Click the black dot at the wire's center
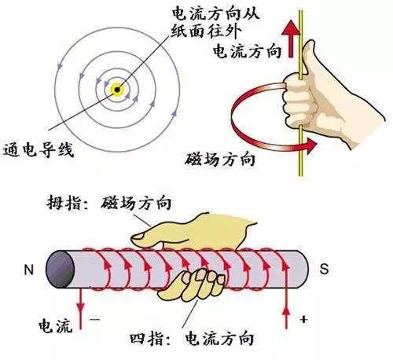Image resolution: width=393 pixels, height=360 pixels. coord(117,90)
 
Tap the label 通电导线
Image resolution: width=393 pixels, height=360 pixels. coord(39,151)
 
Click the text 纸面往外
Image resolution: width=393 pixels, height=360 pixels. coord(206,31)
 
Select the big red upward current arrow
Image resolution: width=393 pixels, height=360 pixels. coord(291,39)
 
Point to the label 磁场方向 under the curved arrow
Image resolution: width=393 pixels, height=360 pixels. coord(220,159)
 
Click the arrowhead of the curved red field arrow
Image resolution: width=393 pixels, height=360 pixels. coord(311,145)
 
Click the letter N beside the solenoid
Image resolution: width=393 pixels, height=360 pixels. coord(29,270)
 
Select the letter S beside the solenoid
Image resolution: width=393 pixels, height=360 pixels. coord(324,269)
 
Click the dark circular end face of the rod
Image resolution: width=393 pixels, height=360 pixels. coord(61,270)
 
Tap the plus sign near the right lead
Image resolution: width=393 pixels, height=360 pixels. coord(303,319)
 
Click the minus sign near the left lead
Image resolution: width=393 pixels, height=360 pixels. coord(95,319)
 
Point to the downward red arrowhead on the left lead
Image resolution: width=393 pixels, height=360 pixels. coord(81,307)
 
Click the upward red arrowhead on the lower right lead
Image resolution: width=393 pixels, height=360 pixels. coord(287,312)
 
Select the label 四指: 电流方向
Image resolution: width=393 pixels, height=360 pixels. coord(193,339)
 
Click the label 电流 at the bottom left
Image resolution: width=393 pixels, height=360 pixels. coord(56,325)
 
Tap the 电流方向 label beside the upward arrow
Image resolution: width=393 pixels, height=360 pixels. coord(247,50)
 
